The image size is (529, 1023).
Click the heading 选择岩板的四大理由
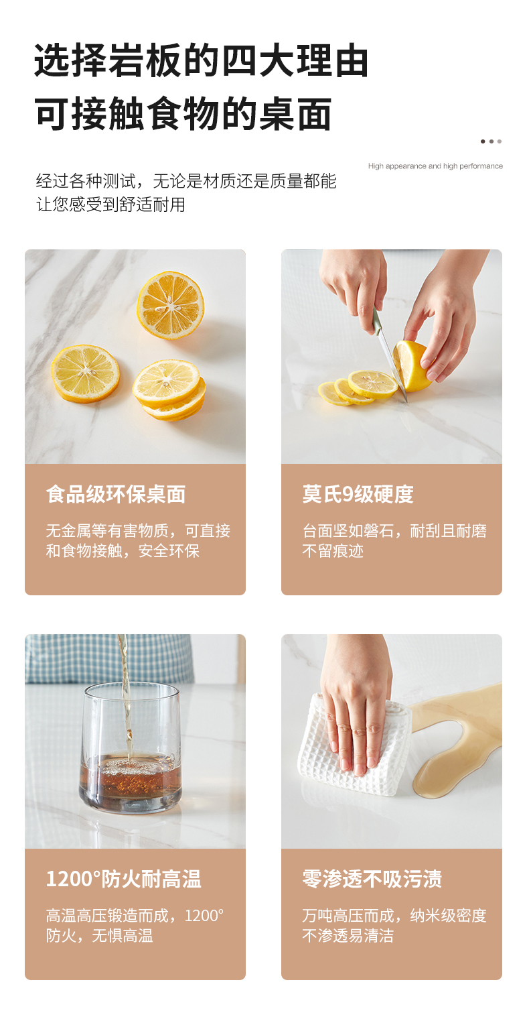pyautogui.click(x=201, y=61)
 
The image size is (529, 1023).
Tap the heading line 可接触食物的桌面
pyautogui.click(x=183, y=114)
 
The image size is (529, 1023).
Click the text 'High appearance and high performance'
pyautogui.click(x=435, y=166)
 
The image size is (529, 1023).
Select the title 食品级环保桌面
pyautogui.click(x=116, y=494)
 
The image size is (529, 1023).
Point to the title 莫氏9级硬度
pyautogui.click(x=358, y=494)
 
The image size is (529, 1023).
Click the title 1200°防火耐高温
pyautogui.click(x=124, y=879)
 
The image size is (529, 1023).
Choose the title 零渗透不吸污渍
pyautogui.click(x=372, y=879)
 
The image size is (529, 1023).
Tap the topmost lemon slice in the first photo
pyautogui.click(x=171, y=306)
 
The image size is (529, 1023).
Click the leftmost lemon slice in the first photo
pyautogui.click(x=85, y=373)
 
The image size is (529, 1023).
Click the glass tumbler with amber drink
pyautogui.click(x=131, y=748)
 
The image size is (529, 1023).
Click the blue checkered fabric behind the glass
pyautogui.click(x=109, y=658)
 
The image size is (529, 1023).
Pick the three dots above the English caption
pyautogui.click(x=491, y=141)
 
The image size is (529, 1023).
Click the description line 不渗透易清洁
pyautogui.click(x=348, y=936)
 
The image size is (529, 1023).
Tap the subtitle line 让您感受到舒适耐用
pyautogui.click(x=110, y=204)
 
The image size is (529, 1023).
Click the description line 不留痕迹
pyautogui.click(x=333, y=551)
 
